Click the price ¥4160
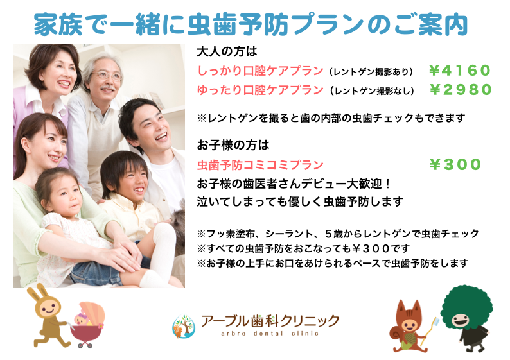[460, 71]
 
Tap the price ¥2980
[461, 90]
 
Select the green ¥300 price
[455, 164]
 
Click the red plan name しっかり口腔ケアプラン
[260, 71]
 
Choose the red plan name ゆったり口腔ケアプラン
[260, 90]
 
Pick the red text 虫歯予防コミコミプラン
[260, 165]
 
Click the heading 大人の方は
[227, 51]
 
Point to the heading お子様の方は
[233, 145]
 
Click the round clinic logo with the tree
[184, 326]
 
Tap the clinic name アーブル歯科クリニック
[270, 321]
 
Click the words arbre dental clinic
[270, 333]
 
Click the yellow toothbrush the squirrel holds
[430, 330]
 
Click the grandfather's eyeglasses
[108, 76]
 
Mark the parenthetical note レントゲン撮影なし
[372, 90]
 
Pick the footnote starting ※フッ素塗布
[338, 234]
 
